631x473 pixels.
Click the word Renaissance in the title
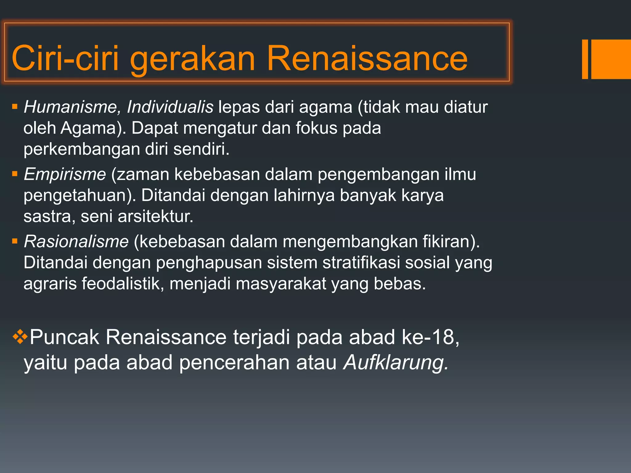coord(367,58)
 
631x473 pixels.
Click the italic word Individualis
coord(170,107)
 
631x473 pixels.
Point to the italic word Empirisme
coord(65,174)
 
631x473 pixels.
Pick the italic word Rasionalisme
coord(76,241)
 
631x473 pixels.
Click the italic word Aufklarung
coord(396,362)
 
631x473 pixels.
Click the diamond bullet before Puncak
coord(20,336)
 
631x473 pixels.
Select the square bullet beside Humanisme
coord(14,107)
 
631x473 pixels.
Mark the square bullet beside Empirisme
coord(14,174)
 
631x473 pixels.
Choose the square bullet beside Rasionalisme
coord(14,241)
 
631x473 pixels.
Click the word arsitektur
coord(155,216)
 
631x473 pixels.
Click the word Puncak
coord(64,337)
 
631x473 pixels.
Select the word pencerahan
coord(234,362)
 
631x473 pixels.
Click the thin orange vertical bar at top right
coord(585,59)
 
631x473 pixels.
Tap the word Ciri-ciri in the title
coord(65,58)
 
